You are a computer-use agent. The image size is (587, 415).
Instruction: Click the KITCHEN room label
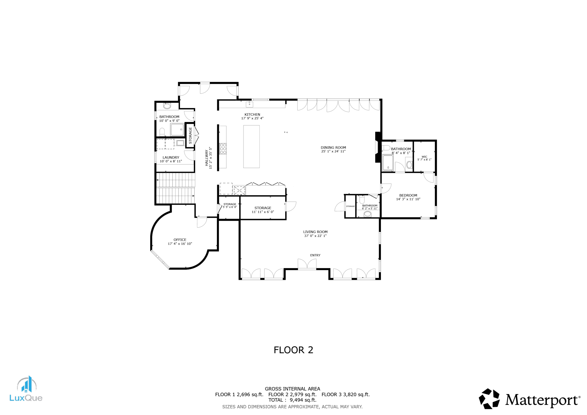coord(252,115)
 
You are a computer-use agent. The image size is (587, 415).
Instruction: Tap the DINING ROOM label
coord(333,147)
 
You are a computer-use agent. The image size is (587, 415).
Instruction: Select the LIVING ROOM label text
coord(315,232)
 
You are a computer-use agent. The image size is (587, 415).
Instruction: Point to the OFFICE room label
coord(180,240)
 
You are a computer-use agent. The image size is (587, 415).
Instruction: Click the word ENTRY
coord(315,255)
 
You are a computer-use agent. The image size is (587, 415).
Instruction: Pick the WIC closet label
coord(424,157)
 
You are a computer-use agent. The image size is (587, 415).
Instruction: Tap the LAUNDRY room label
coord(171,158)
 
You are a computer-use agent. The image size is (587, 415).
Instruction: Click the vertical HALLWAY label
coord(207,158)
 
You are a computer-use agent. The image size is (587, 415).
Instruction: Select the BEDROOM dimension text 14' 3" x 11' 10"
coord(408,199)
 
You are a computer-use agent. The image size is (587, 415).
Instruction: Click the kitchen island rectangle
coord(251,147)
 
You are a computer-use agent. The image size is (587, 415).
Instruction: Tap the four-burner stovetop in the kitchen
coord(223,149)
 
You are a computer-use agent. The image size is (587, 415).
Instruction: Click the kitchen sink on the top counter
coord(249,104)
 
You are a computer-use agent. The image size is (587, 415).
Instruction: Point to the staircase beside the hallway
coord(176,188)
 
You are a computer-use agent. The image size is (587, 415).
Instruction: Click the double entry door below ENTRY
coord(307,264)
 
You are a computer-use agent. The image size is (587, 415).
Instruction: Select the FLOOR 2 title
coord(293,350)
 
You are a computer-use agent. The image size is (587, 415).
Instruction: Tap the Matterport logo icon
coord(489,399)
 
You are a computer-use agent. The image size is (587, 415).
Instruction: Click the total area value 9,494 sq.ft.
coord(303,400)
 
